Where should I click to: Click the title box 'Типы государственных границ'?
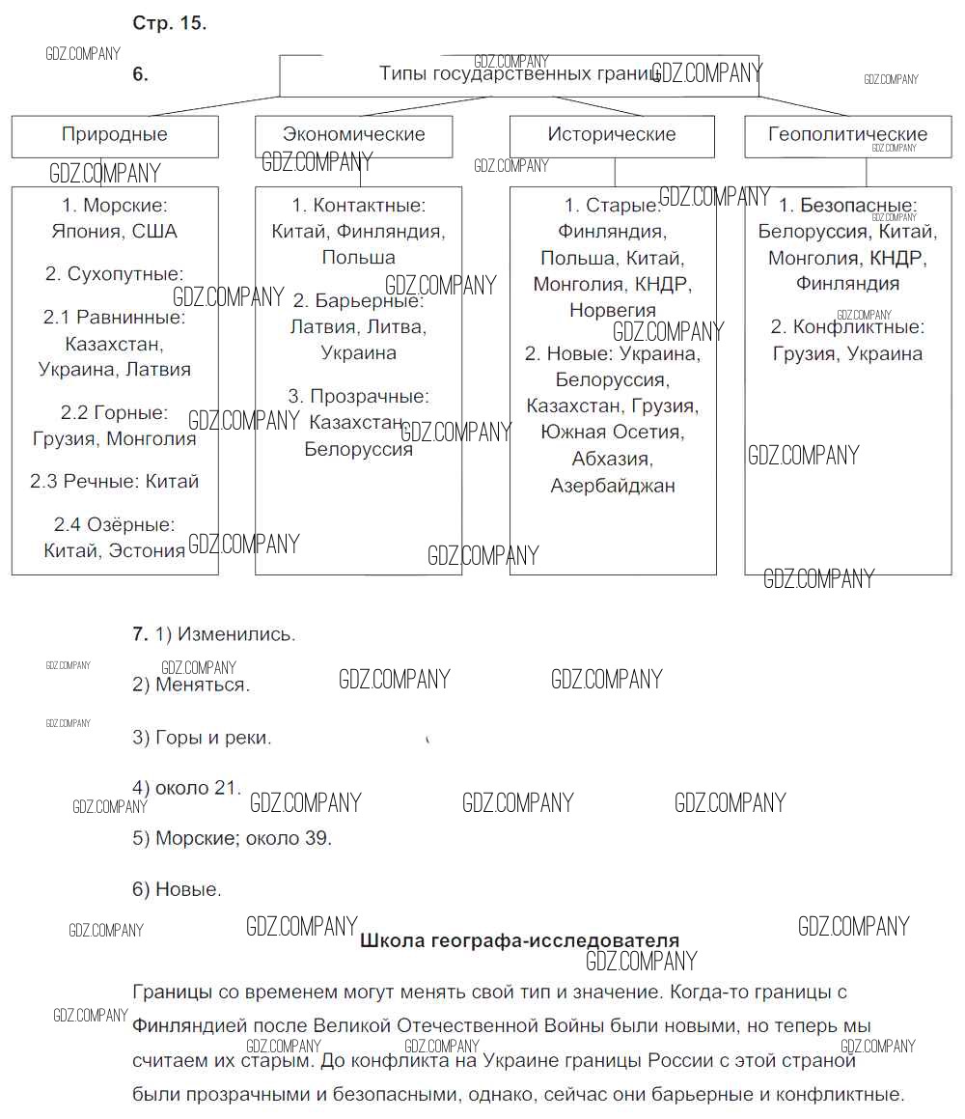point(518,74)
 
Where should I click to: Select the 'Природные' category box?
point(115,135)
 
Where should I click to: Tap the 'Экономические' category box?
point(353,135)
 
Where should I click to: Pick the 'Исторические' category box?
point(612,135)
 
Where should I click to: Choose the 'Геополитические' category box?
point(847,135)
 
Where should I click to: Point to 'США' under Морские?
point(154,232)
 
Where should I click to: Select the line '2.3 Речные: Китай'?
point(114,481)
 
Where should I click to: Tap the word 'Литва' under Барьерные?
point(396,327)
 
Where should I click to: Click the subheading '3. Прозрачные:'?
point(358,396)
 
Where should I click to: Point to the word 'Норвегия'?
point(612,311)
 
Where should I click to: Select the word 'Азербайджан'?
point(612,486)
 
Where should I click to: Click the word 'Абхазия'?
point(612,459)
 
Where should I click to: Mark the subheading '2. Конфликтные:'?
point(847,327)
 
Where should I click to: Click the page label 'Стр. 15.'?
point(169,24)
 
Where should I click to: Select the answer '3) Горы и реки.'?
point(202,738)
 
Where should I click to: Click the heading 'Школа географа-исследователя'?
point(519,940)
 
